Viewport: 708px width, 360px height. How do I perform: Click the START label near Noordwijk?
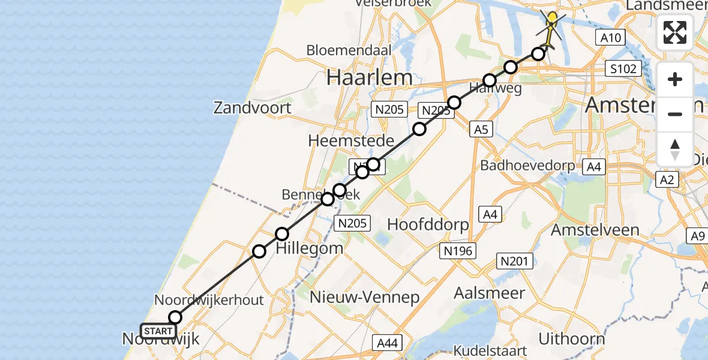[x=158, y=331]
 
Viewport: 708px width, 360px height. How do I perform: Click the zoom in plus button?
[x=675, y=79]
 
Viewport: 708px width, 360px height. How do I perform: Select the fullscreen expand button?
[x=675, y=32]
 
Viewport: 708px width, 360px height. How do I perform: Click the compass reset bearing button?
[x=675, y=149]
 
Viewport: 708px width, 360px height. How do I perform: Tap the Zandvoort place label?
[x=253, y=108]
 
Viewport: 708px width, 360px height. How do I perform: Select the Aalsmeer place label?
[x=490, y=293]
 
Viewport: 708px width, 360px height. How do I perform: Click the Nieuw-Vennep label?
[x=364, y=297]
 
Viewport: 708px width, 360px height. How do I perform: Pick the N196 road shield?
[x=458, y=251]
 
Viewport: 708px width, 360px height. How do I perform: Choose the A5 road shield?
[x=482, y=128]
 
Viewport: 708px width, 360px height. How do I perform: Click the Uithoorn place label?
[x=571, y=338]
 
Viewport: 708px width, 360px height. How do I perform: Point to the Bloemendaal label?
[x=349, y=50]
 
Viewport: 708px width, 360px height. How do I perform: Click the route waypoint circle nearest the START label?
[x=175, y=317]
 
